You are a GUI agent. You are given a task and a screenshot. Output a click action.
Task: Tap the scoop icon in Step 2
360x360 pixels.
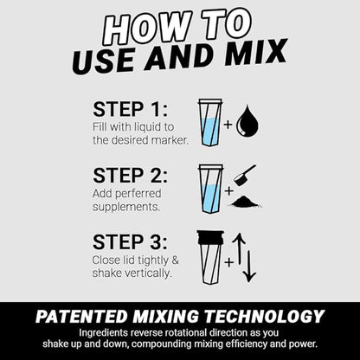click(x=244, y=176)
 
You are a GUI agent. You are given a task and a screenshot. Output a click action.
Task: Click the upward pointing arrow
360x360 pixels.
click(x=239, y=247)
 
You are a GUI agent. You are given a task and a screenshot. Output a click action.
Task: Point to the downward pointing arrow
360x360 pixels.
click(x=249, y=267)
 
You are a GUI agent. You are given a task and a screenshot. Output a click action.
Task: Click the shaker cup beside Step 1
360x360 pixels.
click(x=210, y=122)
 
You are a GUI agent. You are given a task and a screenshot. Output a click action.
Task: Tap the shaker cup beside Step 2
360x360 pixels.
click(x=210, y=189)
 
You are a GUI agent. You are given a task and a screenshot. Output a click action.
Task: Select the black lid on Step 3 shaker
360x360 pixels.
click(x=210, y=237)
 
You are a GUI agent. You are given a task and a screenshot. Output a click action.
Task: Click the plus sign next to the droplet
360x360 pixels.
click(x=228, y=125)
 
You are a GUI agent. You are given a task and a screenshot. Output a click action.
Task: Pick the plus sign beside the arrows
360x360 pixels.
click(x=229, y=262)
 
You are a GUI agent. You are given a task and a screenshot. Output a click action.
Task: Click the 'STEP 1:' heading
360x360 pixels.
click(x=130, y=109)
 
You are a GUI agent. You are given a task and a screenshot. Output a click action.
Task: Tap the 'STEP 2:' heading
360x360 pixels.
click(x=130, y=176)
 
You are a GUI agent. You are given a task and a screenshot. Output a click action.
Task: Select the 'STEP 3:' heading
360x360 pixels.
click(x=130, y=241)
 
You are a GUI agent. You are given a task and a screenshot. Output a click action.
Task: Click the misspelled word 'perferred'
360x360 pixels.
click(x=138, y=194)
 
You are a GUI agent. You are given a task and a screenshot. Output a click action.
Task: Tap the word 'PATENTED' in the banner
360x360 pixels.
click(x=81, y=317)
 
